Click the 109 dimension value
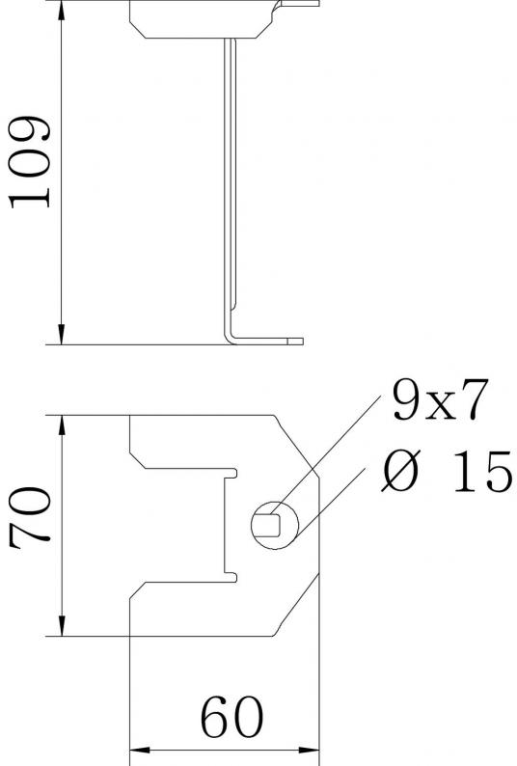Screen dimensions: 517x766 pyautogui.click(x=29, y=162)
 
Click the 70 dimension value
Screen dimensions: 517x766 pyautogui.click(x=29, y=518)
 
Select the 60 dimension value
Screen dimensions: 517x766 pyautogui.click(x=231, y=717)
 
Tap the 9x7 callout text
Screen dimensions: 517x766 pyautogui.click(x=440, y=399)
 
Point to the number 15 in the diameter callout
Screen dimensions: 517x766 pyautogui.click(x=482, y=472)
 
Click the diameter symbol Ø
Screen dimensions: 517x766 pyautogui.click(x=400, y=472)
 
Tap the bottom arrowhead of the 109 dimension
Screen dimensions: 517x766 pyautogui.click(x=62, y=334)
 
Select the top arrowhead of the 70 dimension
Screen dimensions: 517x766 pyautogui.click(x=62, y=426)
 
